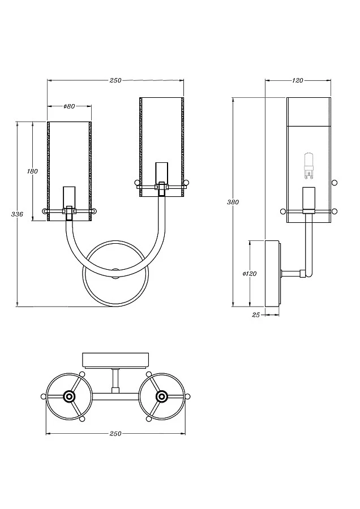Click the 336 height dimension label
click(17, 214)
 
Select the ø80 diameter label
click(69, 106)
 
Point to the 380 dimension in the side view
click(233, 202)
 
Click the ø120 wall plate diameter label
click(250, 273)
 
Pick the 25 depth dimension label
click(255, 315)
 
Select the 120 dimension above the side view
click(298, 80)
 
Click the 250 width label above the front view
click(115, 80)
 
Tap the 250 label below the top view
click(115, 434)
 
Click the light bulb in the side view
click(308, 163)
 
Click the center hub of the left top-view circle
click(69, 396)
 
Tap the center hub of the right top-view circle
click(161, 396)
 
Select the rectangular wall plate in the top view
click(115, 360)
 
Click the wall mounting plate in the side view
click(272, 273)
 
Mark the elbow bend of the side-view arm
click(306, 274)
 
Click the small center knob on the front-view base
click(115, 271)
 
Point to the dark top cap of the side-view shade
click(308, 110)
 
